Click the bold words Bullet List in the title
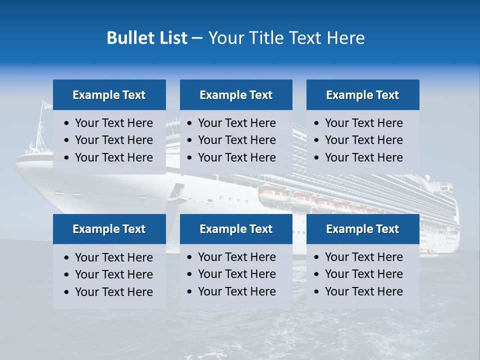pos(147,38)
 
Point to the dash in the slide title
pos(197,38)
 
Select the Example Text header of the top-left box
pos(109,95)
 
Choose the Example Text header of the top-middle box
pos(236,95)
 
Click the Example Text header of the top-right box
pos(362,95)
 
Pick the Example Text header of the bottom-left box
pos(109,229)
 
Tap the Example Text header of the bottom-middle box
pos(236,229)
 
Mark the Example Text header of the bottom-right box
pos(362,229)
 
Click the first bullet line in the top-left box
pos(113,123)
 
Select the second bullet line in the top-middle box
pos(236,140)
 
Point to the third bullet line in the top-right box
pos(363,157)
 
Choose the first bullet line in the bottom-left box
pos(113,257)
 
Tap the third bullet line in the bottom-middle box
pos(236,291)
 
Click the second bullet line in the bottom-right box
pos(363,274)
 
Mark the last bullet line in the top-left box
pos(113,157)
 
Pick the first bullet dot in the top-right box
pos(316,123)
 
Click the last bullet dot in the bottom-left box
pos(67,292)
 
